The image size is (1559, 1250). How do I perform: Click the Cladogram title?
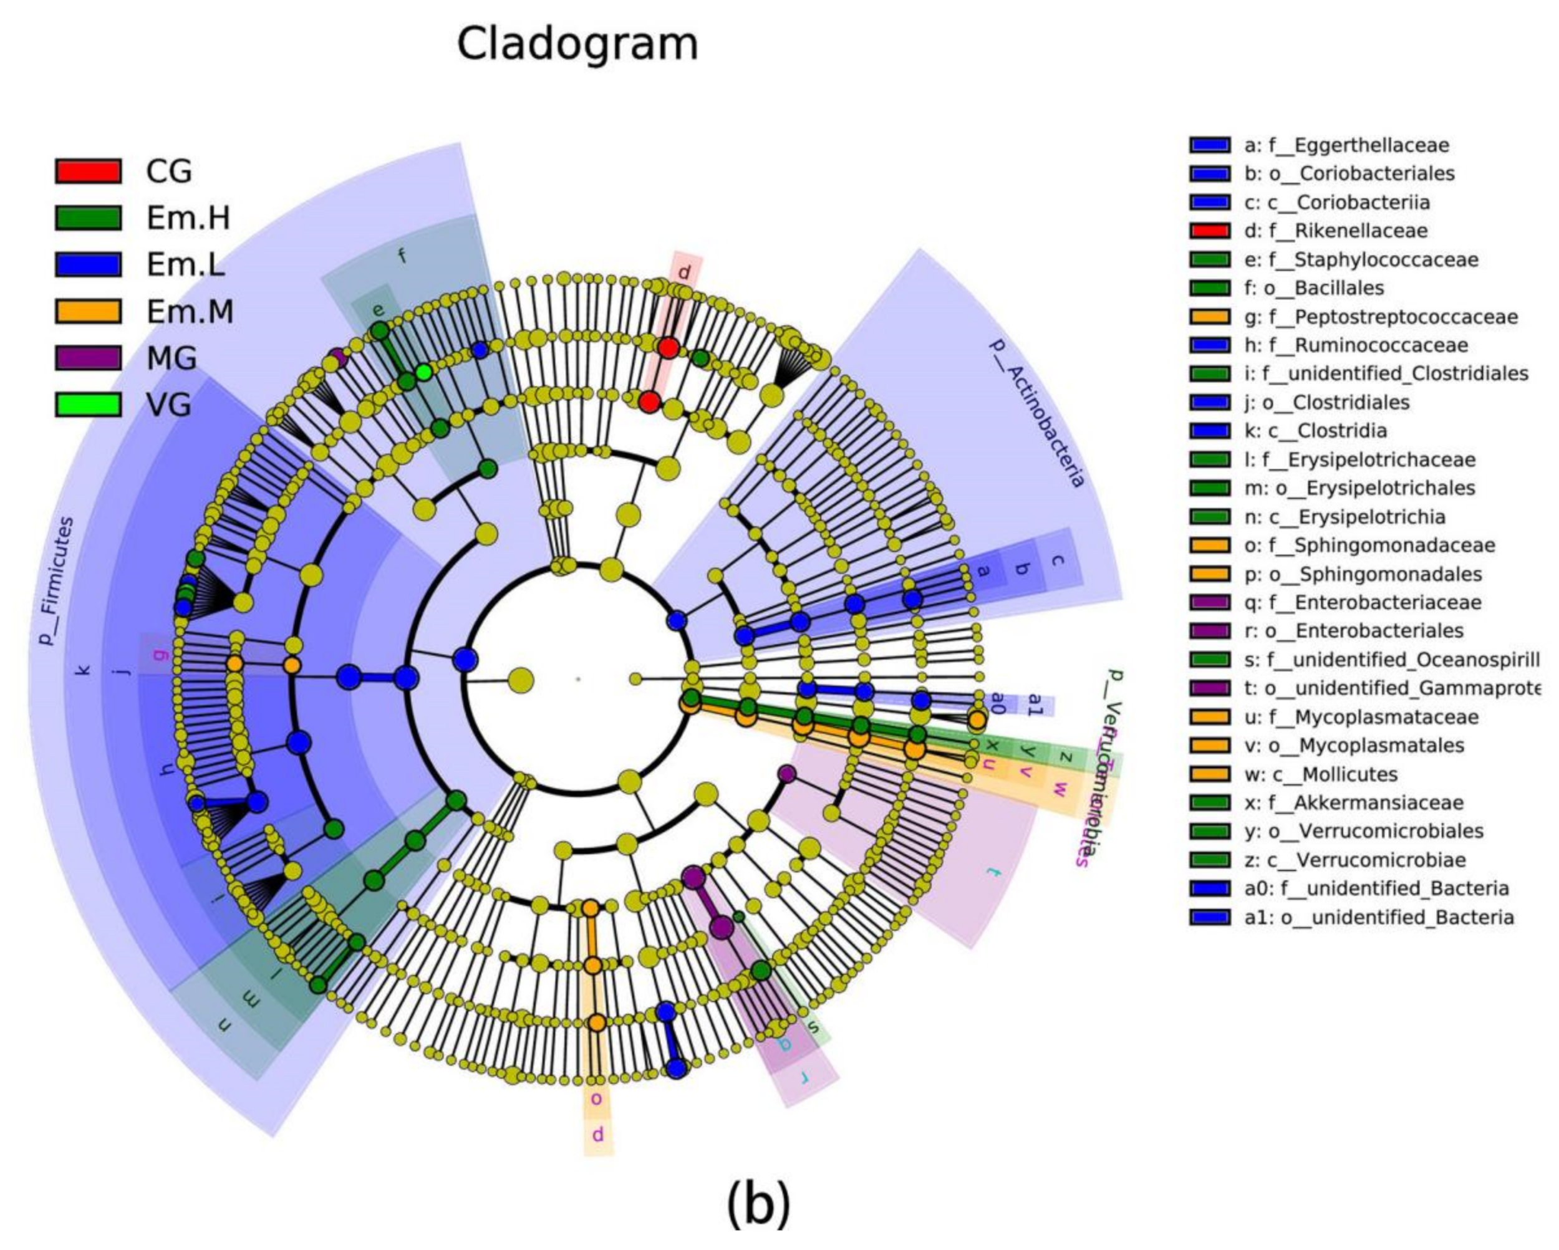[x=577, y=45]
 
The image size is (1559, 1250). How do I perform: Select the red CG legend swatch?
[x=87, y=171]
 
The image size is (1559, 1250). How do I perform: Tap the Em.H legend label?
[x=188, y=218]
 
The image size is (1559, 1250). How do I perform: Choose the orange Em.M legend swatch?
[x=87, y=311]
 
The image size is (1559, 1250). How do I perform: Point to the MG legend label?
[x=171, y=358]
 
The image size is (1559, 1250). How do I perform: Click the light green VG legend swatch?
[x=87, y=404]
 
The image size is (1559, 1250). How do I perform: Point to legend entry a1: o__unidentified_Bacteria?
[x=1378, y=918]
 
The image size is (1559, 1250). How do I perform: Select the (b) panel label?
[x=758, y=1204]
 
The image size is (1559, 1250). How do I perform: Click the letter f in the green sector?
[x=402, y=254]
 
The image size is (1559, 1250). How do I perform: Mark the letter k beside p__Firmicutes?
[x=83, y=670]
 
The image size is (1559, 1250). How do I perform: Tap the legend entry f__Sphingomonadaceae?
[x=1369, y=545]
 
